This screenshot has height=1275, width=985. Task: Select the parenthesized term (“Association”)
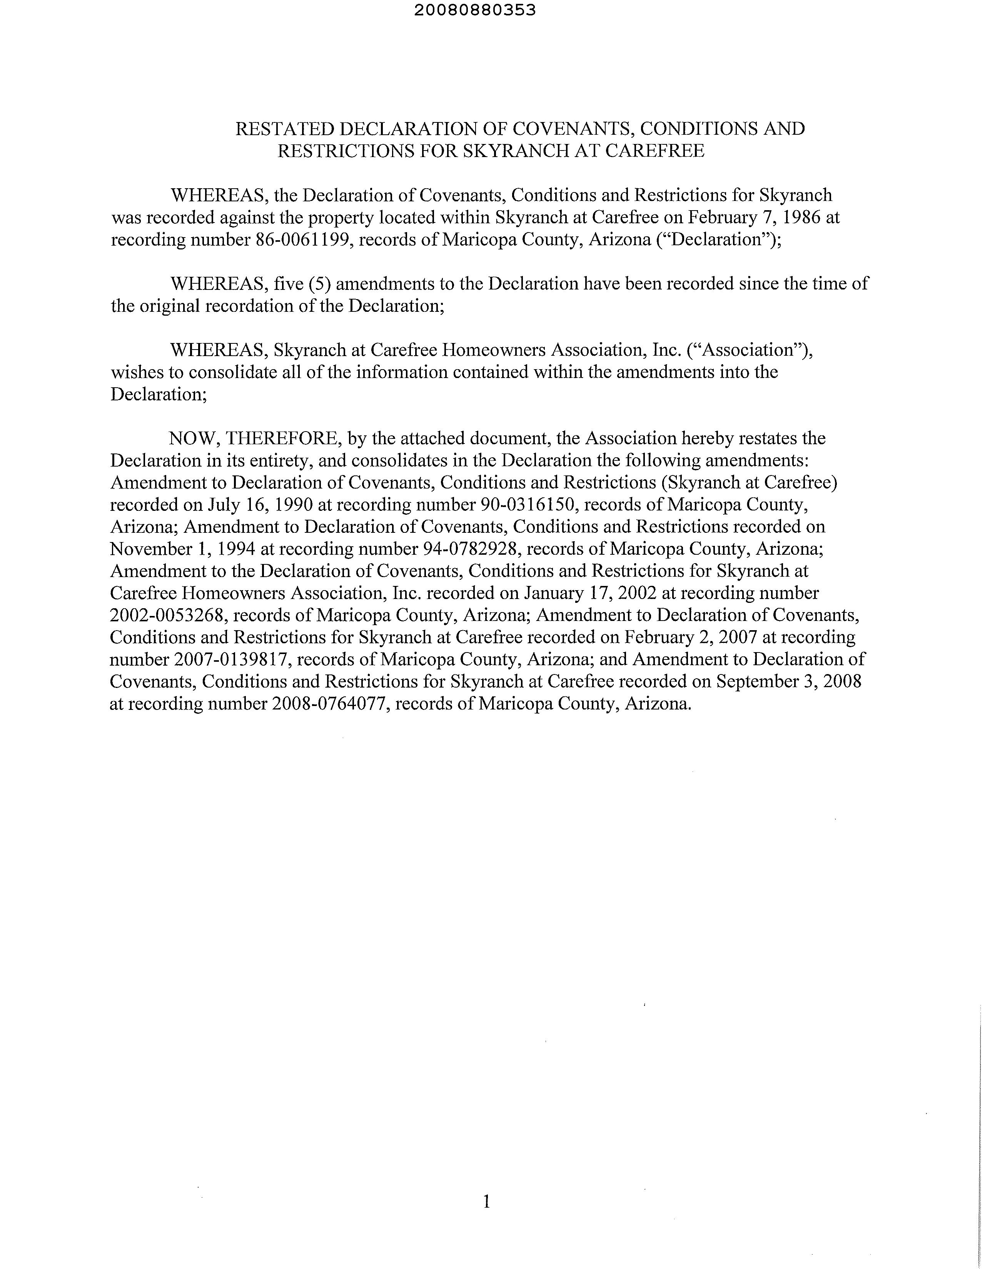(x=749, y=350)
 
